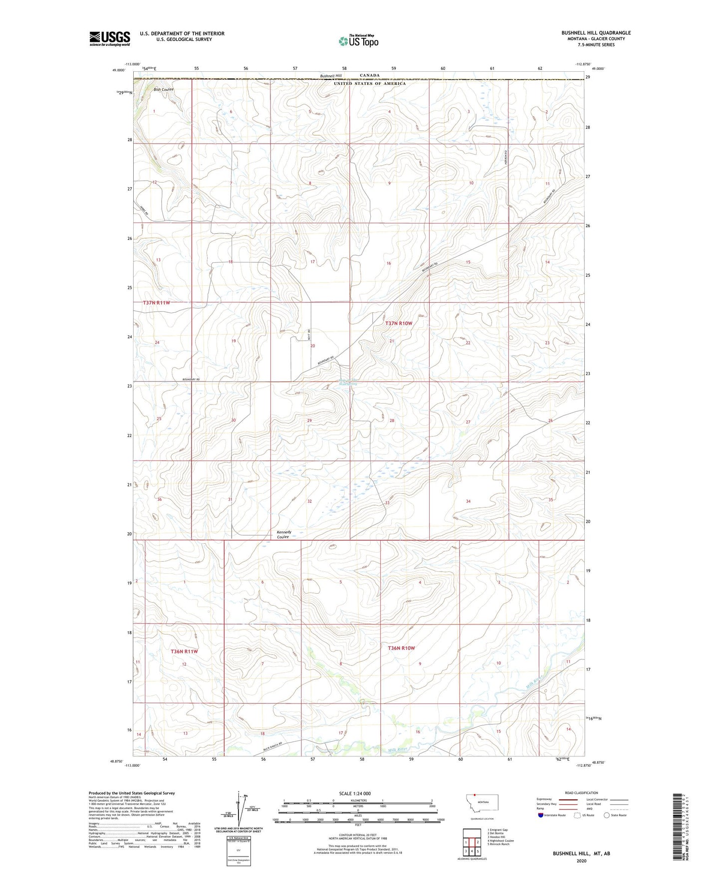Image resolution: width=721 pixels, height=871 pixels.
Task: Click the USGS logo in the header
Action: point(110,38)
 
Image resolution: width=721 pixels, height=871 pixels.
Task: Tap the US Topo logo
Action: point(358,41)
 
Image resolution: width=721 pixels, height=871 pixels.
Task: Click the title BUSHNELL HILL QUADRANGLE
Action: point(596,33)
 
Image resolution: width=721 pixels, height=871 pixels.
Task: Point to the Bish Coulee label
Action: point(164,90)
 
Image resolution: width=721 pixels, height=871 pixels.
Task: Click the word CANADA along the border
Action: point(370,75)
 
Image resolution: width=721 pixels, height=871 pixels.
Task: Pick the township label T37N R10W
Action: point(399,323)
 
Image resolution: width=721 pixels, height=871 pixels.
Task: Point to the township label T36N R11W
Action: point(184,652)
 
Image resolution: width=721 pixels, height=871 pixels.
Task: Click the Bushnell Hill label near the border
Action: point(331,76)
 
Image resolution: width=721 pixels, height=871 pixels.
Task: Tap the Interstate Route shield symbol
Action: point(541,815)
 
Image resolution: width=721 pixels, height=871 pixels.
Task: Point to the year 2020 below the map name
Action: point(581,861)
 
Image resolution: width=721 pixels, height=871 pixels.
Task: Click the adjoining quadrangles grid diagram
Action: point(472,842)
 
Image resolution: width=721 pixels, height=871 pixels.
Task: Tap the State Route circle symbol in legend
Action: point(607,815)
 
